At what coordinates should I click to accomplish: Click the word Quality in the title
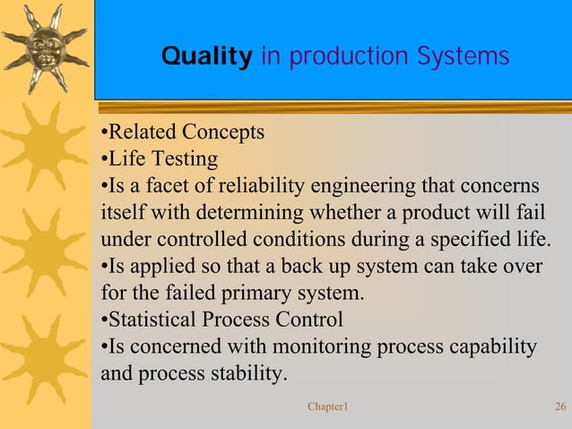click(x=206, y=57)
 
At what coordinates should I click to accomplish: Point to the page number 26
click(x=560, y=407)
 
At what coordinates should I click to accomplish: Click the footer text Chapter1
click(x=327, y=407)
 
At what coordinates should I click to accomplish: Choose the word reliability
click(x=263, y=187)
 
